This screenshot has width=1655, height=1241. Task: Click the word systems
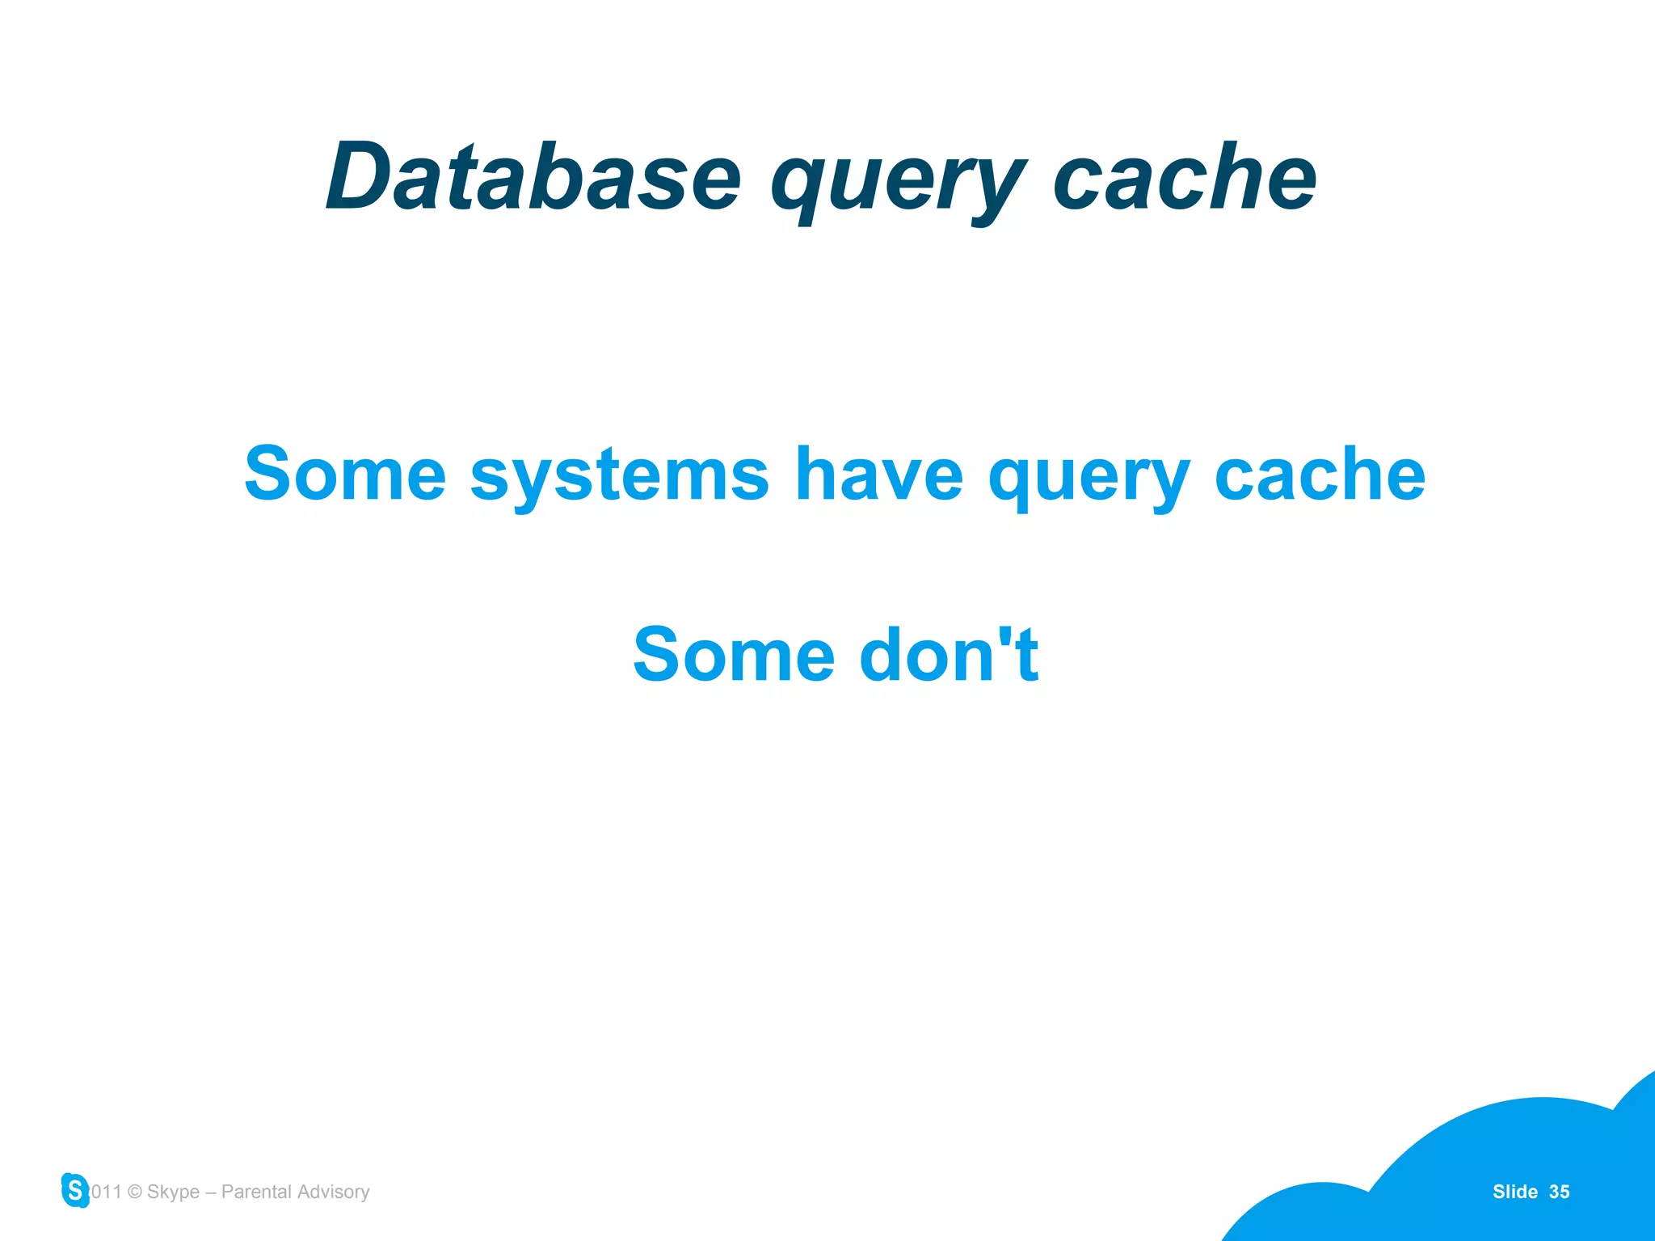(x=619, y=477)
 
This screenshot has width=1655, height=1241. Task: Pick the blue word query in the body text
(x=1089, y=479)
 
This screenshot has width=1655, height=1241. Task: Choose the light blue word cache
(x=1320, y=475)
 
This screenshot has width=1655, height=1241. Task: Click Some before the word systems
(x=345, y=475)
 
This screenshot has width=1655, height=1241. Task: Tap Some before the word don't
(x=734, y=655)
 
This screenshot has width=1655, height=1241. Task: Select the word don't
(x=949, y=655)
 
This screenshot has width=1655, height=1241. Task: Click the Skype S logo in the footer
(x=75, y=1190)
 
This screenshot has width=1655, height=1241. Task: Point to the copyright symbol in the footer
(x=135, y=1192)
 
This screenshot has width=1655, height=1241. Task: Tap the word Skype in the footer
(x=173, y=1192)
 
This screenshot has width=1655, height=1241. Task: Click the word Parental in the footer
(x=256, y=1192)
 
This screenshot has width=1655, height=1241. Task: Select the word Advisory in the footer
(x=333, y=1192)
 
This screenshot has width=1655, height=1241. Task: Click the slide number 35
(x=1559, y=1192)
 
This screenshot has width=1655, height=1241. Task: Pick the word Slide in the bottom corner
(x=1514, y=1192)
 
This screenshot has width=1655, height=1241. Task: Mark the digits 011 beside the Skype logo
(x=106, y=1192)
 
